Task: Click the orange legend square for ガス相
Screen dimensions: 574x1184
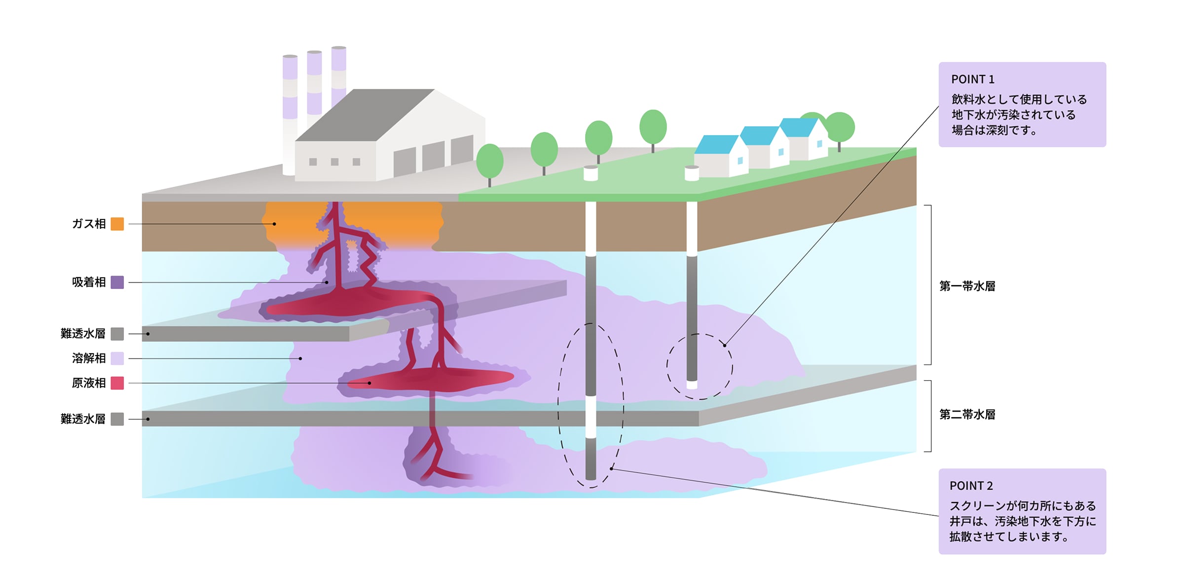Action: pyautogui.click(x=117, y=224)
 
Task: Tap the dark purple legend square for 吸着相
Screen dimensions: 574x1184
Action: pyautogui.click(x=117, y=282)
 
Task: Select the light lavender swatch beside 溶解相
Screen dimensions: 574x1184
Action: pyautogui.click(x=117, y=358)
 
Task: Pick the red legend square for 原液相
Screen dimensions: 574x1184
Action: pyautogui.click(x=117, y=383)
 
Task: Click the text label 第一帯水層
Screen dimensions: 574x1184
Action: pyautogui.click(x=967, y=286)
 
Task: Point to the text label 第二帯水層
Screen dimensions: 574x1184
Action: pyautogui.click(x=967, y=415)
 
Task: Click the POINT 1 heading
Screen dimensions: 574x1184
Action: pyautogui.click(x=972, y=79)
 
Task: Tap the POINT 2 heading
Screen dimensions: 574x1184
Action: pyautogui.click(x=971, y=486)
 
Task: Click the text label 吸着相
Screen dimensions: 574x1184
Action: pyautogui.click(x=89, y=282)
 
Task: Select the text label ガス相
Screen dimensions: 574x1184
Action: pyautogui.click(x=89, y=224)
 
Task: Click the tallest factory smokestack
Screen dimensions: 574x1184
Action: pyautogui.click(x=339, y=74)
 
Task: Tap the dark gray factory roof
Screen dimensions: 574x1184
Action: pyautogui.click(x=365, y=116)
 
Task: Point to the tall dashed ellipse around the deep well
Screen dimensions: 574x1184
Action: pyautogui.click(x=558, y=404)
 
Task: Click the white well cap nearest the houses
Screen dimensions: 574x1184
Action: pyautogui.click(x=692, y=173)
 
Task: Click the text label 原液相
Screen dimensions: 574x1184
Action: pyautogui.click(x=89, y=383)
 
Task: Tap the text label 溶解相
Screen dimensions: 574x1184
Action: pyautogui.click(x=89, y=358)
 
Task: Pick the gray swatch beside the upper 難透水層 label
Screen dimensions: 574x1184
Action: pyautogui.click(x=117, y=334)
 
